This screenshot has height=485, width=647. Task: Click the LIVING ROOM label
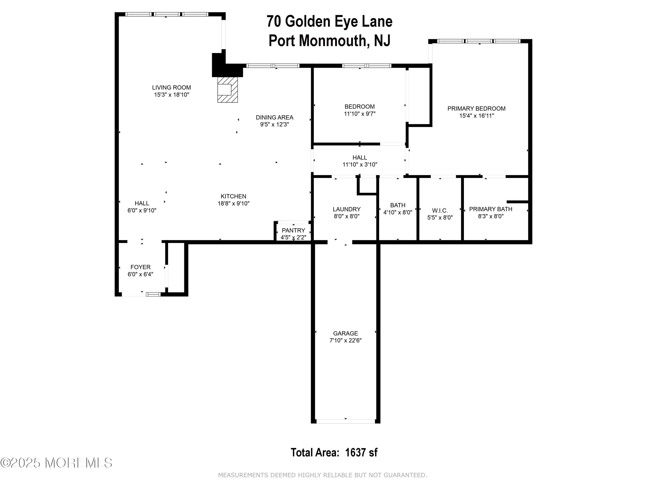[x=171, y=88]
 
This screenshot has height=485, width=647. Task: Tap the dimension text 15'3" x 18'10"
[x=172, y=95]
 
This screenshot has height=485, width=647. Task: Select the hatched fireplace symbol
[x=228, y=89]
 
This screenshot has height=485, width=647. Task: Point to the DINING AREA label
[x=274, y=117]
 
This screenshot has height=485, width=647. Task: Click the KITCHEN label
[x=233, y=196]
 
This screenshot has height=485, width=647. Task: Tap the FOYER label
[x=140, y=267]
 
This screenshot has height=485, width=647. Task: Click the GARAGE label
[x=345, y=333]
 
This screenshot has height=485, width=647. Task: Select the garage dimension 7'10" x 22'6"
[x=345, y=340]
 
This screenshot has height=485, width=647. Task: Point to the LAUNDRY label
[x=347, y=209]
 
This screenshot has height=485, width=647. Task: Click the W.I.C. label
[x=440, y=210]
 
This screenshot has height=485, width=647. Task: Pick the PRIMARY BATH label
[x=490, y=209]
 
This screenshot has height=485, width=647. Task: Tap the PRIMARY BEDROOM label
[x=476, y=108]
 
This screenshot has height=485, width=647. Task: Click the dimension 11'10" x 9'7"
[x=360, y=114]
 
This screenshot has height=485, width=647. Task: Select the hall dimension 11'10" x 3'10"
[x=360, y=165]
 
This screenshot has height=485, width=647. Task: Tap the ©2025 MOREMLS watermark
[x=56, y=463]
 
